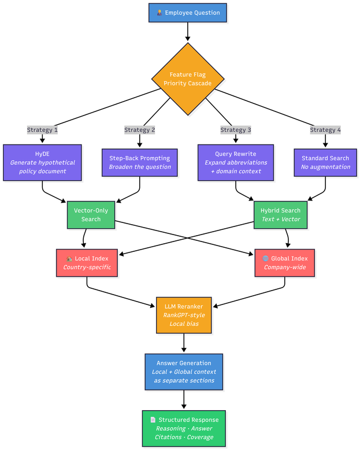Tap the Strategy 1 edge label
[x=42, y=130]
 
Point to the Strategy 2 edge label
[x=139, y=130]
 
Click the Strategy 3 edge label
[x=235, y=130]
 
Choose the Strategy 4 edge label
[x=325, y=130]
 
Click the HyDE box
[x=42, y=162]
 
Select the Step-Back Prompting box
[x=139, y=162]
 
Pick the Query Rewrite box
[x=235, y=162]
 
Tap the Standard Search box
[x=325, y=162]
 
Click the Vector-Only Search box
[x=91, y=214]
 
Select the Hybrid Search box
[x=280, y=214]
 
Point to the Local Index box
[x=87, y=263]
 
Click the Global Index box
[x=284, y=263]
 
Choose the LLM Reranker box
[x=184, y=315]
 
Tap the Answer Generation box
[x=184, y=371]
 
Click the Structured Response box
[x=184, y=428]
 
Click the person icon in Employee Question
[x=159, y=13]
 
